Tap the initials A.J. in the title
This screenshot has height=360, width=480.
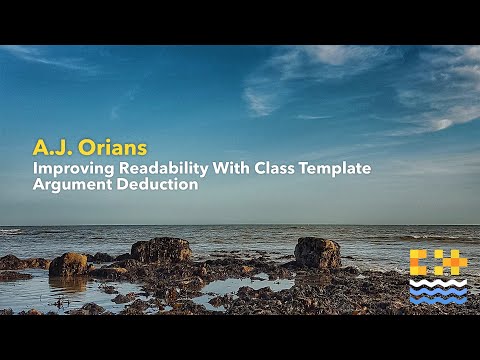tap(50, 147)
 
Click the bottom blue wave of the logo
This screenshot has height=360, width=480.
tap(438, 299)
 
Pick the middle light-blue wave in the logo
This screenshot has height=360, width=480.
tap(438, 290)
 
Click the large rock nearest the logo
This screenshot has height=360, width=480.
tap(317, 252)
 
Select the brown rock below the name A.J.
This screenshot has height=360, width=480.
tap(68, 264)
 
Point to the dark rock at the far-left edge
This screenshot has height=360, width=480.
tap(9, 262)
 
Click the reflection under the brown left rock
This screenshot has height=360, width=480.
tap(68, 284)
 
